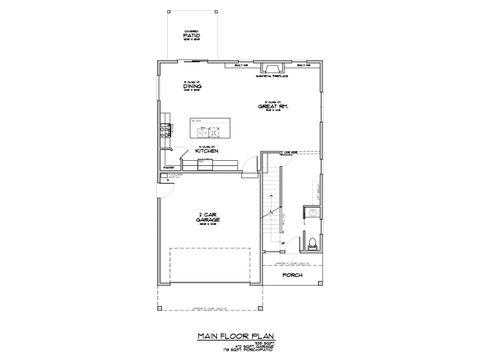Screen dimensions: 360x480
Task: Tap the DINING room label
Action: coord(193,87)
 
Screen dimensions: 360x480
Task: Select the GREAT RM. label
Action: coord(272,105)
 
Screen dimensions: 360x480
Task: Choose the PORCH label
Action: coord(292,274)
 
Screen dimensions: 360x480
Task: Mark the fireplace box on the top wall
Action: coord(271,66)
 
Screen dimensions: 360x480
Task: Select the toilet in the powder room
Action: coord(313,243)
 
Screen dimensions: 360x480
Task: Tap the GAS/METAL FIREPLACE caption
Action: coord(271,74)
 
